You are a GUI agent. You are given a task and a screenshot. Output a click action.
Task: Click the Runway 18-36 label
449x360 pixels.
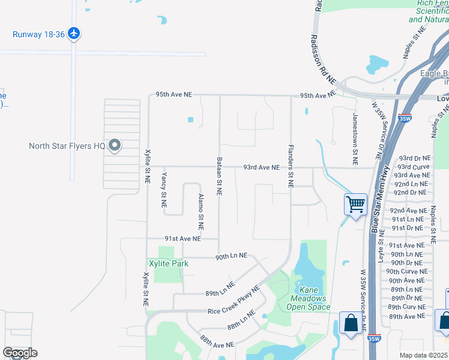pos(39,34)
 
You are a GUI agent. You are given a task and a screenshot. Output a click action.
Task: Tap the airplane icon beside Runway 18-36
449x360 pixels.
pos(74,33)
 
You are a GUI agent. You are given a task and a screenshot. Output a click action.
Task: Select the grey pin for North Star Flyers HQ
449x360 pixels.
pos(115,146)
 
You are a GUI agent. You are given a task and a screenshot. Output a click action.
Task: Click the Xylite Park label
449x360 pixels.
pos(169,263)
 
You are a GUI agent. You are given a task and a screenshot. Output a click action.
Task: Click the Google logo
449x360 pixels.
pos(20,353)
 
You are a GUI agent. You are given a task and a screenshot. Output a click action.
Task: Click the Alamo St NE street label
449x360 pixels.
pos(200,212)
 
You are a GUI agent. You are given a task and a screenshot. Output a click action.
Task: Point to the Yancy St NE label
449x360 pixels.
pos(163,190)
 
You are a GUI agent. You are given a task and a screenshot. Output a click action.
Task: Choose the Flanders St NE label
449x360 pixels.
pos(291,165)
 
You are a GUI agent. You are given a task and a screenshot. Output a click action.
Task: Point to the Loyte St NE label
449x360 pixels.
pos(382,249)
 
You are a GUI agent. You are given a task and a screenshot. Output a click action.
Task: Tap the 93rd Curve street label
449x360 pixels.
pos(413,167)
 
